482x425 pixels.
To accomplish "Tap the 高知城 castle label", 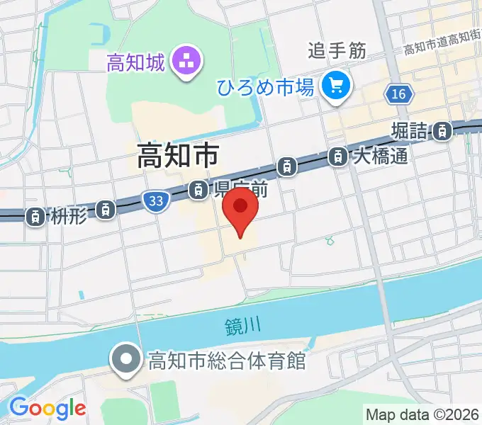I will [x=136, y=62].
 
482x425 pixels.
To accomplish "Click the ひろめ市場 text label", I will [x=265, y=88].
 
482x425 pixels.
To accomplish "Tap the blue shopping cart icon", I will [x=335, y=87].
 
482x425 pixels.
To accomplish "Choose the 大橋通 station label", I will [x=380, y=155].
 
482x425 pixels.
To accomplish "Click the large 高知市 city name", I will [x=178, y=156].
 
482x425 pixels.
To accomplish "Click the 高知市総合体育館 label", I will [x=226, y=361].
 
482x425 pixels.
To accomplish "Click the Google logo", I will [x=47, y=408].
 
